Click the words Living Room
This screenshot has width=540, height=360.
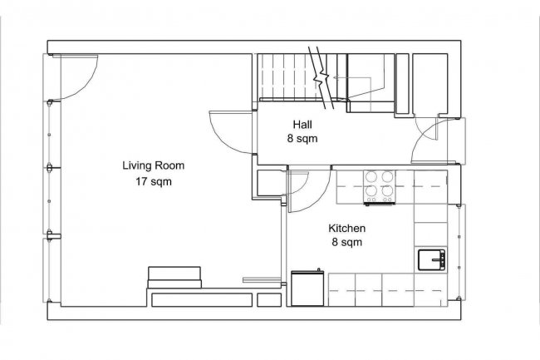pyautogui.click(x=153, y=165)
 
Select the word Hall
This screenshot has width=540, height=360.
pyautogui.click(x=302, y=124)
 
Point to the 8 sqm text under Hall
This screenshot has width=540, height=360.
pyautogui.click(x=302, y=139)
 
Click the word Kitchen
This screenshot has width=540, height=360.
pyautogui.click(x=347, y=228)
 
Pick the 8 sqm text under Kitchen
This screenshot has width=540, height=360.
pyautogui.click(x=347, y=243)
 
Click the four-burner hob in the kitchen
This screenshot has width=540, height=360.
pyautogui.click(x=380, y=187)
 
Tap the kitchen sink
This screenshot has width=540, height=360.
pyautogui.click(x=430, y=259)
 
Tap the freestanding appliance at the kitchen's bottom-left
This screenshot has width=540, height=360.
pyautogui.click(x=309, y=288)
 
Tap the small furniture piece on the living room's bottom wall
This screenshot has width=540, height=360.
pyautogui.click(x=174, y=276)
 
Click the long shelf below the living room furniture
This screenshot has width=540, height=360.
pyautogui.click(x=199, y=298)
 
